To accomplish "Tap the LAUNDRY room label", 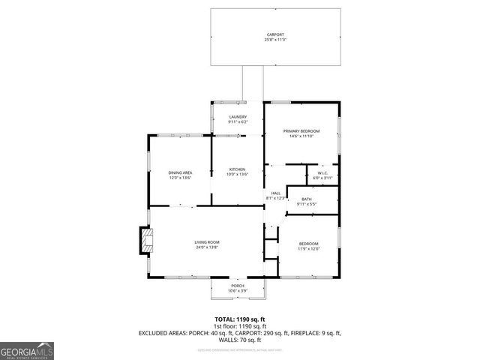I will click(238, 117).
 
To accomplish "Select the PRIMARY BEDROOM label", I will click(301, 131).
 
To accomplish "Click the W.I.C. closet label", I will click(322, 172).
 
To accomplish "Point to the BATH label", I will click(307, 199).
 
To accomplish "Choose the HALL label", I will click(276, 193).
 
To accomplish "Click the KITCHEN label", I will click(238, 169).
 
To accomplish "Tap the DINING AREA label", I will click(180, 172).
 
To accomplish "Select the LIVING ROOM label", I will click(207, 241).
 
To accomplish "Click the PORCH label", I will click(238, 286).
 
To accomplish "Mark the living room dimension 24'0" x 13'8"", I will click(207, 247).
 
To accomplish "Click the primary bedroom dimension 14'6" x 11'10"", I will click(301, 136).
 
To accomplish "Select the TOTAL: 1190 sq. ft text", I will click(239, 319).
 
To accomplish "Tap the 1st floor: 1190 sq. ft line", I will click(239, 326).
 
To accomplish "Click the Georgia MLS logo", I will click(26, 351).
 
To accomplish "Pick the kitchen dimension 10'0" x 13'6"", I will click(238, 175).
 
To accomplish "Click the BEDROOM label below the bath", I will click(309, 244).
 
